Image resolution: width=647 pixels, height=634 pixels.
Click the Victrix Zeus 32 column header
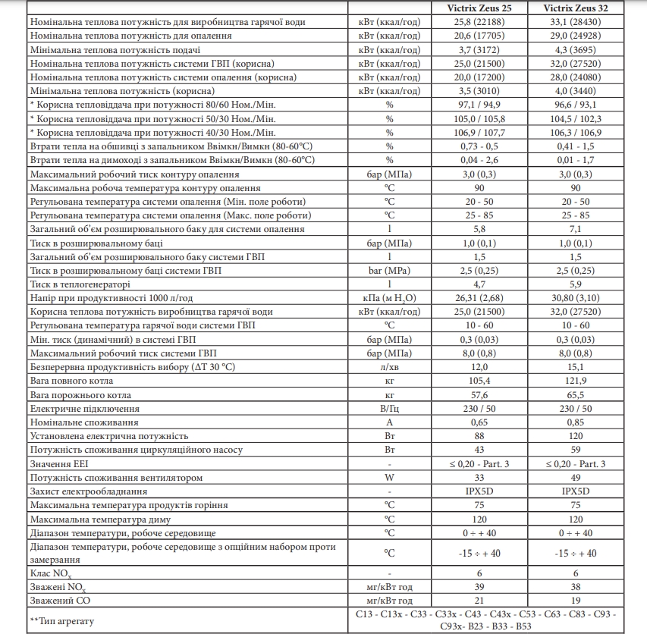576,8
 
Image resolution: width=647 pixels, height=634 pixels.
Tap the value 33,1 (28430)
576,22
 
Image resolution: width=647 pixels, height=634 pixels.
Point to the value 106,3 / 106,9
576,133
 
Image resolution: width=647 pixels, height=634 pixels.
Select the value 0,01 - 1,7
576,160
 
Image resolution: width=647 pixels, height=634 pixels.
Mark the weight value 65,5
576,395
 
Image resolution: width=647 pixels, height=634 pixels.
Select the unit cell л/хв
389,367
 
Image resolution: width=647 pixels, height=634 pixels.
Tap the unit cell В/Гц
389,409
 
